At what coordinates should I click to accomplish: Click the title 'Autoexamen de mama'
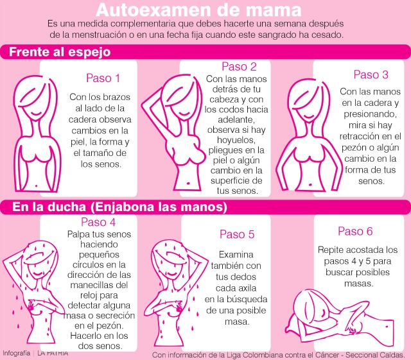(x=198, y=10)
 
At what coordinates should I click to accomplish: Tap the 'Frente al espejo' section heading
(x=60, y=52)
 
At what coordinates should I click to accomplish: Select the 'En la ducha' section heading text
(x=49, y=207)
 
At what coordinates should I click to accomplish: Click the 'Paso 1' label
(x=103, y=78)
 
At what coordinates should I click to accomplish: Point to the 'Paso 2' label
(x=239, y=67)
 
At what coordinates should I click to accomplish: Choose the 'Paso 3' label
(x=371, y=74)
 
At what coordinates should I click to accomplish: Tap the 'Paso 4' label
(x=98, y=222)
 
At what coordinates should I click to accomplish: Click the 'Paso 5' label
(x=237, y=234)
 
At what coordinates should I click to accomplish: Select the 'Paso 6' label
(x=355, y=232)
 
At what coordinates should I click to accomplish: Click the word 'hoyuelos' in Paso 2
(x=236, y=140)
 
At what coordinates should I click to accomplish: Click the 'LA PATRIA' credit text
(x=53, y=353)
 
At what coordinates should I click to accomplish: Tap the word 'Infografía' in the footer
(x=16, y=353)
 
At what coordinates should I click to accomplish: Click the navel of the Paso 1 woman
(x=36, y=185)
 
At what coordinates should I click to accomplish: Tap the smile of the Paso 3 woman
(x=310, y=116)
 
